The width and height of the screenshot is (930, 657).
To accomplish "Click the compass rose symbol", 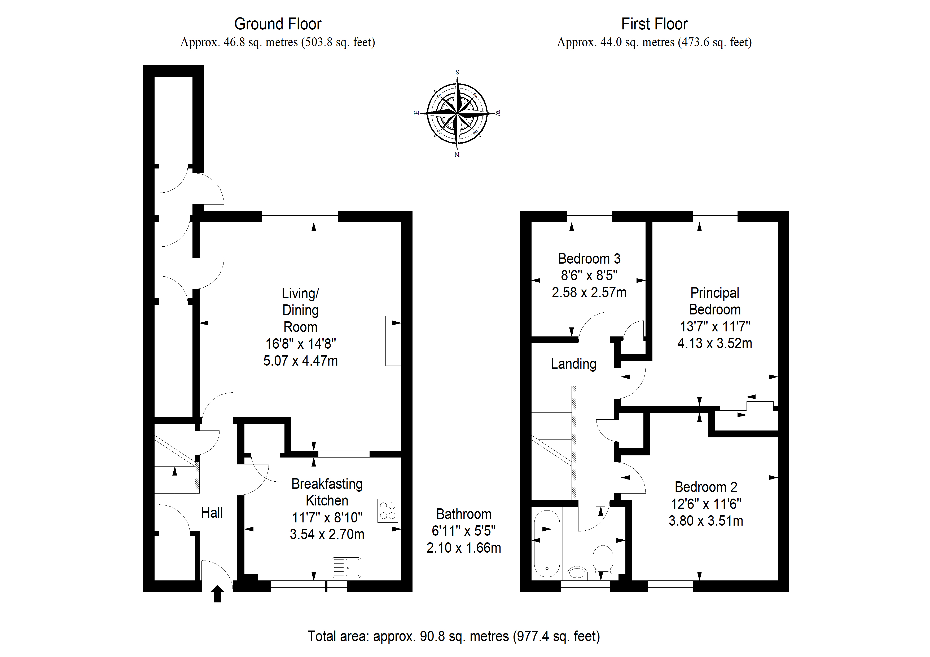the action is click(x=457, y=113).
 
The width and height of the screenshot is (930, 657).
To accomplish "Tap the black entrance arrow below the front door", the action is click(x=217, y=594).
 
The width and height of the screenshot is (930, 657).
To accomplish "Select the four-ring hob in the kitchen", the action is click(x=388, y=510).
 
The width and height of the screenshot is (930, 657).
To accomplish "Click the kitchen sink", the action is click(x=346, y=567).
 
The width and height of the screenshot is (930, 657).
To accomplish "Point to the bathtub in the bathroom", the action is click(x=547, y=543).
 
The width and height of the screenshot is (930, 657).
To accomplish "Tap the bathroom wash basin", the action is click(x=577, y=573).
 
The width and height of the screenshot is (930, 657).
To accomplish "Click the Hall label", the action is click(x=212, y=513).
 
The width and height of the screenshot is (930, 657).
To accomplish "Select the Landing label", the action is click(x=573, y=364).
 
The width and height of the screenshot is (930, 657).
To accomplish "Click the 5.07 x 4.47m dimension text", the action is click(x=301, y=361).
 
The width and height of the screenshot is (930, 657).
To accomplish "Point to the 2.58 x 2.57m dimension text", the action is click(x=589, y=292).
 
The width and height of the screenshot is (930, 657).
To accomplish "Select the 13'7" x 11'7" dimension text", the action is click(x=715, y=326).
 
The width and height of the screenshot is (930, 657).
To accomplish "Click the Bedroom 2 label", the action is click(x=706, y=487).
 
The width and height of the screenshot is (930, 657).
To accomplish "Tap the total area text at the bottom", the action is click(x=454, y=636).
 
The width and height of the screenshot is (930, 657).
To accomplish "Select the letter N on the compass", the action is click(x=457, y=155).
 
